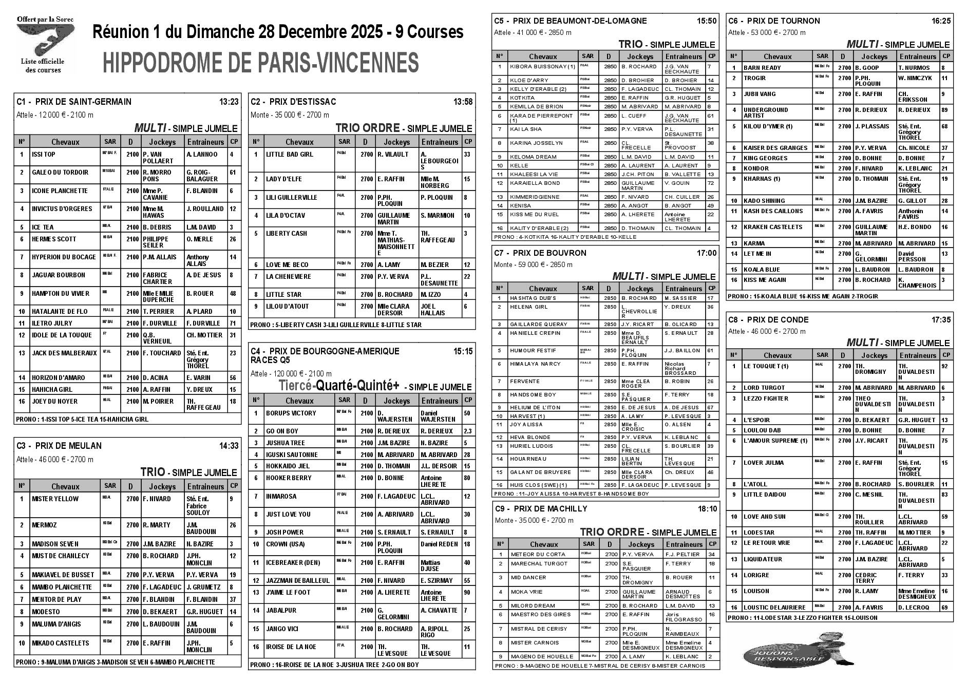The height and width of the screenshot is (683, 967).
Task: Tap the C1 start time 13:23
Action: coord(229,102)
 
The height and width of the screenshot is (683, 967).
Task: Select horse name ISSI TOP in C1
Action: coord(44,155)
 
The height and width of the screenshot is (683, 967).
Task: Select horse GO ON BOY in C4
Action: coord(282,431)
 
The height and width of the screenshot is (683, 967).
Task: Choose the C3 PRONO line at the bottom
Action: coord(116,662)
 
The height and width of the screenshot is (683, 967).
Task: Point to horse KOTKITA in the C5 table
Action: coord(522,98)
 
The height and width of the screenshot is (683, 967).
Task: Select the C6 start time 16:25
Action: coord(940,21)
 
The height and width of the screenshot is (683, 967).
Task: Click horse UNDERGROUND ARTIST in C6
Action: coord(765,112)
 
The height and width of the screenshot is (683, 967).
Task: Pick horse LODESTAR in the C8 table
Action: coord(759,533)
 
